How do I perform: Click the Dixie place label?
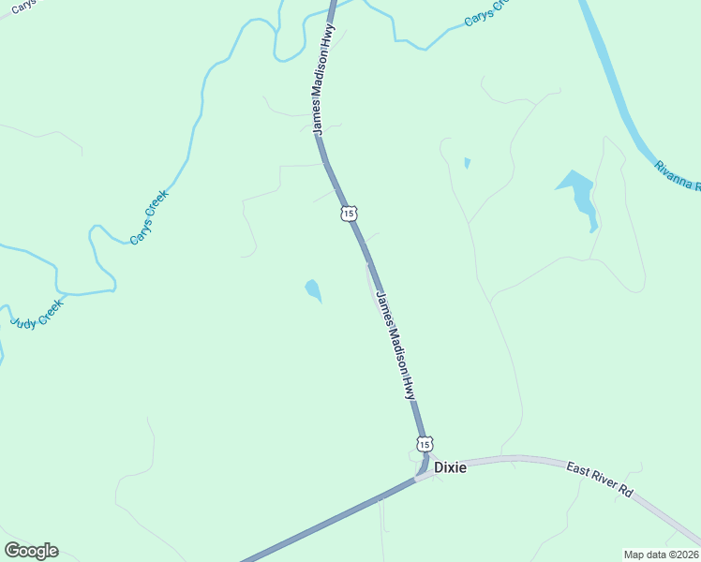click(449, 466)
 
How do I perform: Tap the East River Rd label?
click(600, 478)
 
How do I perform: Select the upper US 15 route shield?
click(349, 214)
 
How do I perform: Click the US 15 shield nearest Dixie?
click(425, 443)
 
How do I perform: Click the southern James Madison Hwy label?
click(395, 346)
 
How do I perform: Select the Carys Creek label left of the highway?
click(149, 217)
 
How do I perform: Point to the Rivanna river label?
click(678, 175)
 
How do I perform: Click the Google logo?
click(31, 551)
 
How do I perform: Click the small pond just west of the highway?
click(313, 290)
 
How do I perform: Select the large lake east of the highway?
click(579, 194)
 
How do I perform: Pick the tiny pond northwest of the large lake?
click(467, 163)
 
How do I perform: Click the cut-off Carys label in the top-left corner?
click(21, 6)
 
